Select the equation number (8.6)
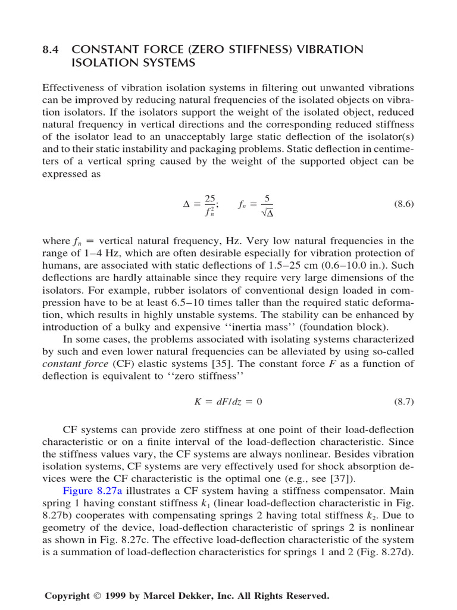tap(403, 204)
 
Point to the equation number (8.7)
tap(403, 402)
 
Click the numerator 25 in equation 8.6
tap(210, 198)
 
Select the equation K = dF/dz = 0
tap(228, 402)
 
